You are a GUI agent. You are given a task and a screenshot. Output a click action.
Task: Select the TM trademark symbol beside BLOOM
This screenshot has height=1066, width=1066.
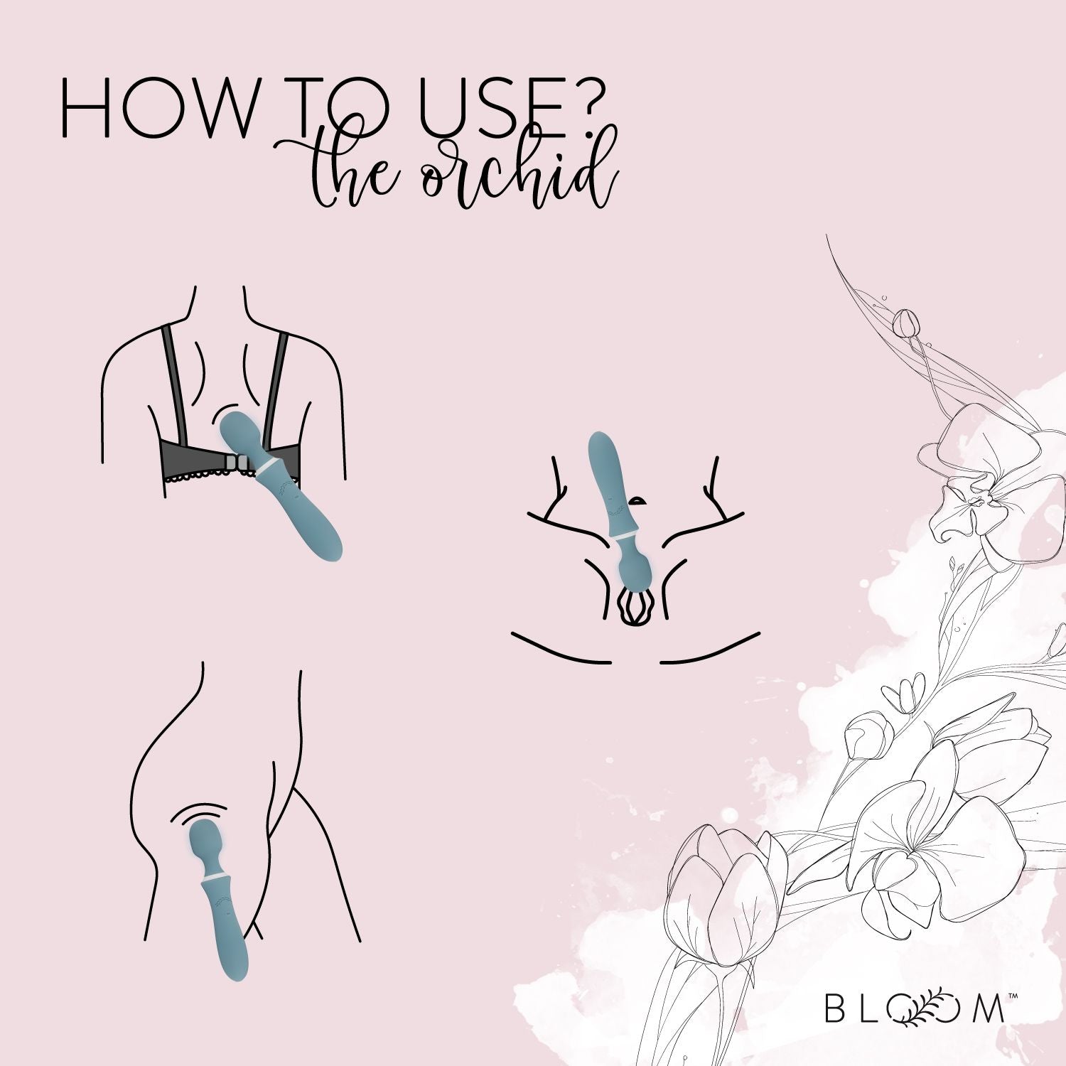pyautogui.click(x=1013, y=996)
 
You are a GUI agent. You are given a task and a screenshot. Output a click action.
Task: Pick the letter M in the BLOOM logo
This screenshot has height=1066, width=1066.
pyautogui.click(x=989, y=1008)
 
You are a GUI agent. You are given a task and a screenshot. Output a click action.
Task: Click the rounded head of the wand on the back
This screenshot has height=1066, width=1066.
pyautogui.click(x=241, y=430)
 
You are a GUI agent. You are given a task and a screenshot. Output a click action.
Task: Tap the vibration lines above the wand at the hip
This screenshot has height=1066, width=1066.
pyautogui.click(x=199, y=812)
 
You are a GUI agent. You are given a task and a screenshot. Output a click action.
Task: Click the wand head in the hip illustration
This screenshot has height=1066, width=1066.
pyautogui.click(x=205, y=842)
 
